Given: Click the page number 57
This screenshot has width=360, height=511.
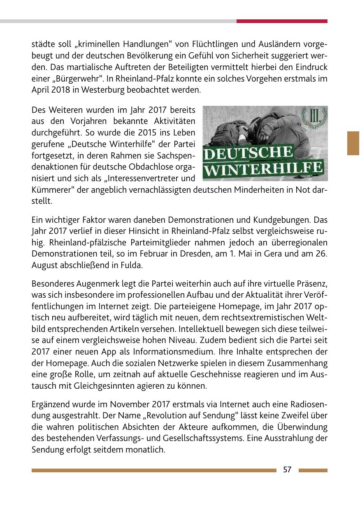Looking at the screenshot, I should pyautogui.click(x=287, y=470).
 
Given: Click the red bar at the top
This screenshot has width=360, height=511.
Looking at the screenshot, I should pyautogui.click(x=282, y=21).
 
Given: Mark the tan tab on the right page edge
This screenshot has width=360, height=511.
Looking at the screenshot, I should pyautogui.click(x=353, y=143).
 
